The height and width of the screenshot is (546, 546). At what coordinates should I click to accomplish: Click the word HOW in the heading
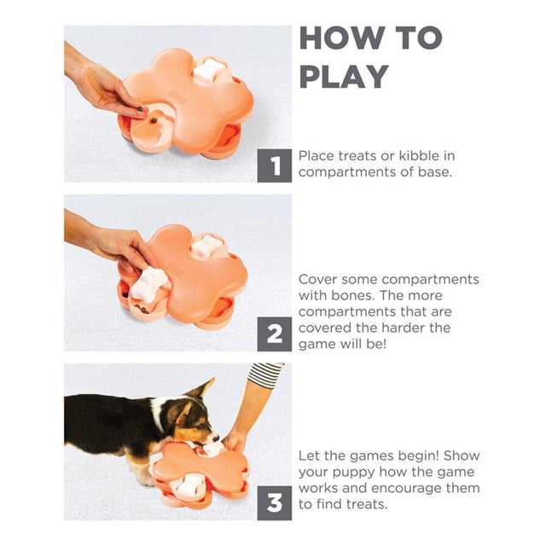341,38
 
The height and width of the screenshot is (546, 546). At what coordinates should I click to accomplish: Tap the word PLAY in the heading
344,76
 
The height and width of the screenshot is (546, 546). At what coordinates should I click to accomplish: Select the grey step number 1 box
275,166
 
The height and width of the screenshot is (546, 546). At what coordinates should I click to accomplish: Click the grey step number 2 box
275,334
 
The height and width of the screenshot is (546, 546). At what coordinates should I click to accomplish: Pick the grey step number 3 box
275,502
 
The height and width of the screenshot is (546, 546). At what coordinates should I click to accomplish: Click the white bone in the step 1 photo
208,71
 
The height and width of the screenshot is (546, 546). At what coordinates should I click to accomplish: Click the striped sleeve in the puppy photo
265,374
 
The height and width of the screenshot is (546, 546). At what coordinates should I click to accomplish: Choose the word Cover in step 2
318,279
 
